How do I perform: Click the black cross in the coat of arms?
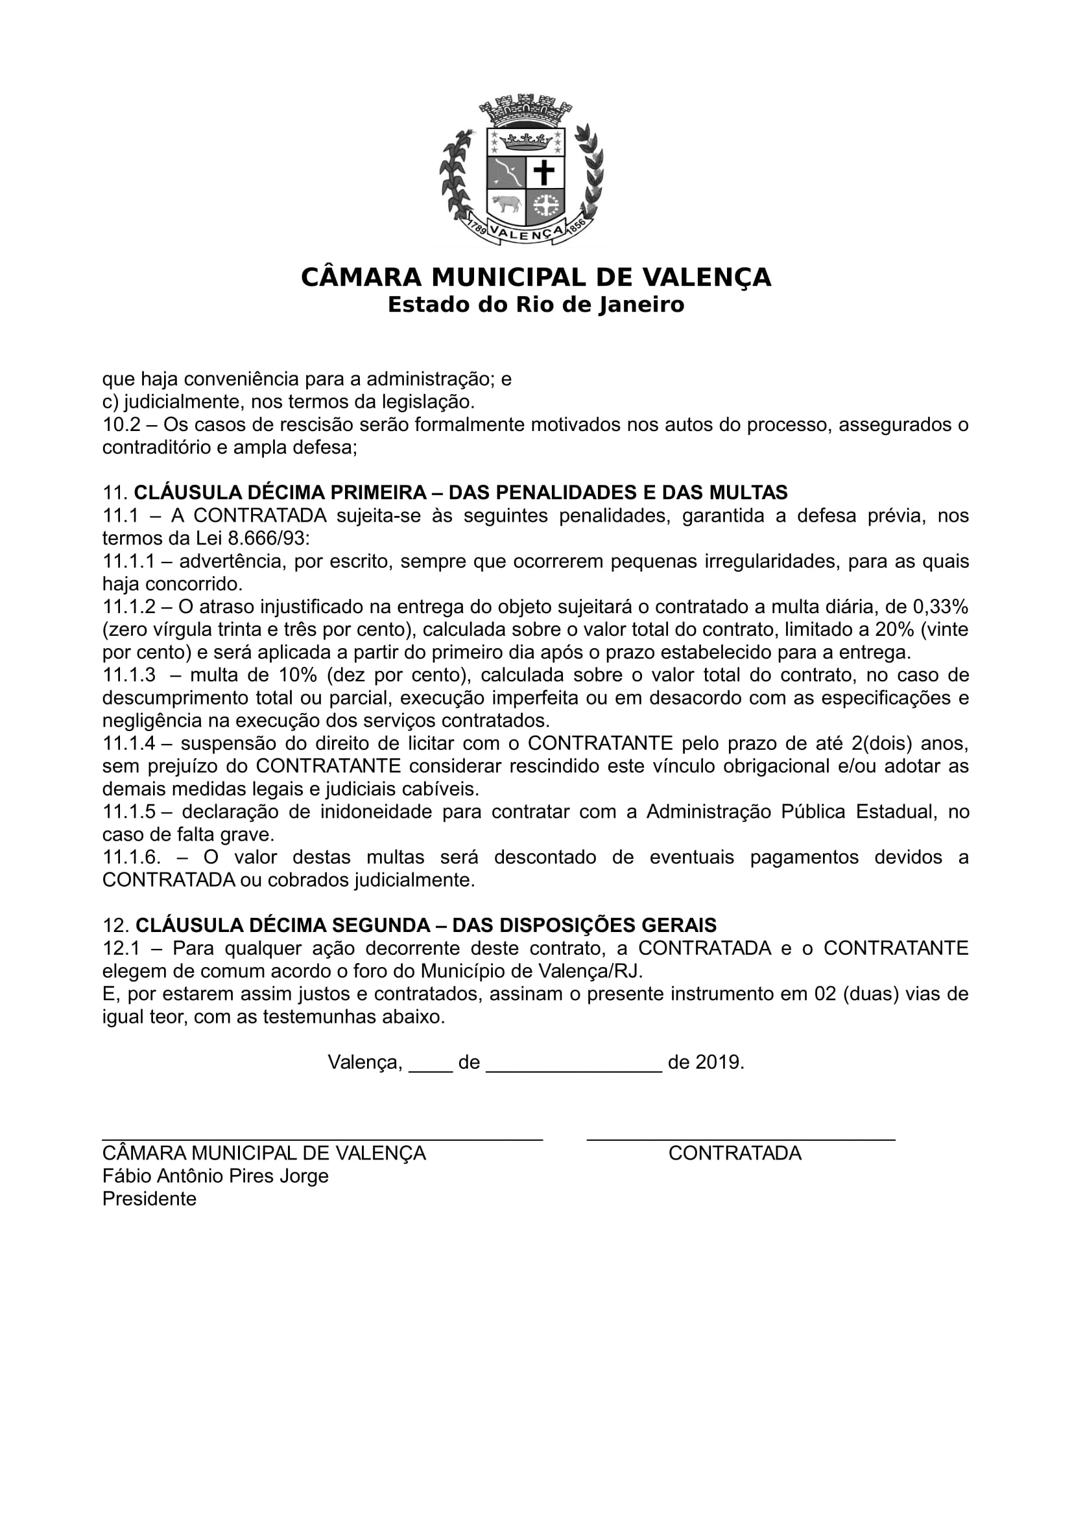point(544,172)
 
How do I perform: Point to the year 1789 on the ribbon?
point(477,228)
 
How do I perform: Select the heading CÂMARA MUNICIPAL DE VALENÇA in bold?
point(536,277)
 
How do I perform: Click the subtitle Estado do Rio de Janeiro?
point(536,305)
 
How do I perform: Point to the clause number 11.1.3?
point(130,675)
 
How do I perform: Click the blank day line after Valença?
point(430,1063)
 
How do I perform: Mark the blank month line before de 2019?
point(573,1063)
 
